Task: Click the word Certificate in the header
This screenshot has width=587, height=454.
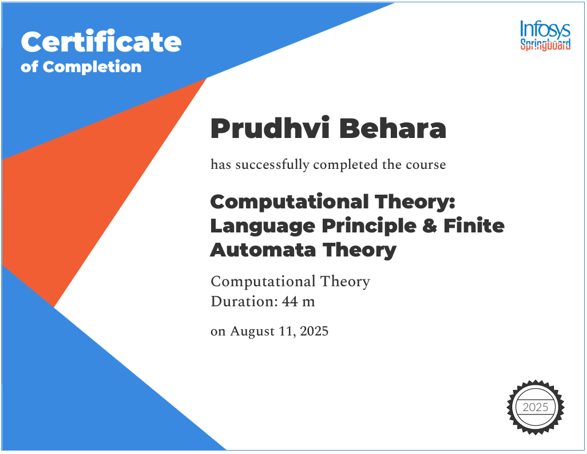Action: [x=101, y=42]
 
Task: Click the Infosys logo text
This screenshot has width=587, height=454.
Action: [x=545, y=29]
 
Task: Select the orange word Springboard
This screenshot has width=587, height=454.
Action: [x=545, y=45]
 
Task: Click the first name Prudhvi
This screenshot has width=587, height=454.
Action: [x=264, y=129]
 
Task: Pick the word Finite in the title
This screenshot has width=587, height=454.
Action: [x=474, y=226]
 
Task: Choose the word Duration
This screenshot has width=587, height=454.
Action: [x=243, y=301]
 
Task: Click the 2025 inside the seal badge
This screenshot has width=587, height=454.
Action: [x=535, y=408]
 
